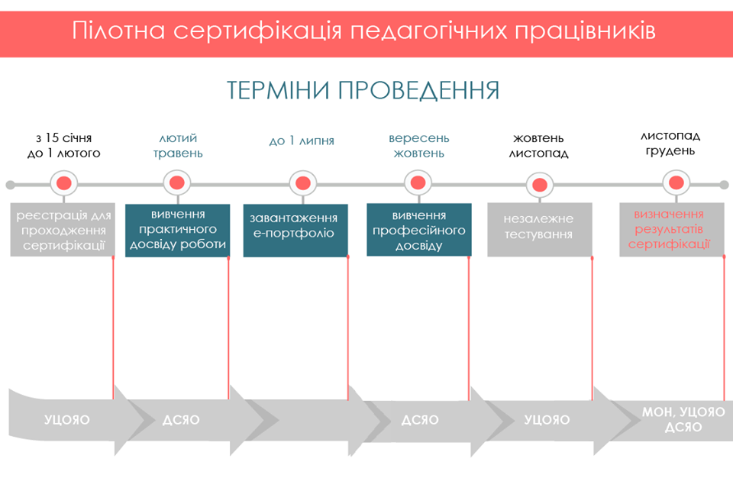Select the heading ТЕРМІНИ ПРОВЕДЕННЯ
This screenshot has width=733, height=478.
tap(363, 90)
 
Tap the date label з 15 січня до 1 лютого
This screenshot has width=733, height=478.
tap(63, 146)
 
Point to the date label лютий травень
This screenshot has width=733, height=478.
tap(177, 146)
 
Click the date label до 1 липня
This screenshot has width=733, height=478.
tap(302, 141)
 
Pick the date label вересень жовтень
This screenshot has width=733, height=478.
tap(418, 146)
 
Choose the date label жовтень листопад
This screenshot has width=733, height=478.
tap(539, 146)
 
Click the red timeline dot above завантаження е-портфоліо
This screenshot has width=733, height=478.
tap(302, 183)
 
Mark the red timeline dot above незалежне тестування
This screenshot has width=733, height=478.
tap(540, 184)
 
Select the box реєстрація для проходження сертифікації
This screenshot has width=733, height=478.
tap(63, 230)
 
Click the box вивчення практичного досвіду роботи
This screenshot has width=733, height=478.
tap(177, 230)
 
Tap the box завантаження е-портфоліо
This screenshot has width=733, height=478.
tap(295, 230)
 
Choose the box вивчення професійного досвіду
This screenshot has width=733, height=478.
tap(418, 230)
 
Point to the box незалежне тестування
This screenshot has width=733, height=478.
tap(539, 230)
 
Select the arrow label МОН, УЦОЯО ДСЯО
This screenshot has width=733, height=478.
tap(683, 419)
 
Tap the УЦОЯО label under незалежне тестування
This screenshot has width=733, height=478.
tap(547, 420)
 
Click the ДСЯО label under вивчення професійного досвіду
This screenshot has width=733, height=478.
tap(420, 420)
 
